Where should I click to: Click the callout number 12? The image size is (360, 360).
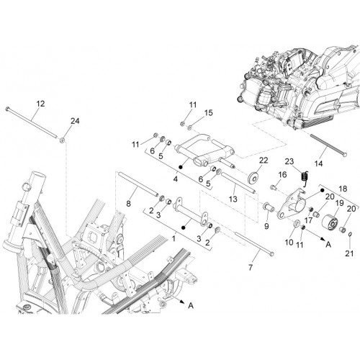(x=40, y=104)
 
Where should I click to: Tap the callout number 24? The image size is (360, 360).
(x=75, y=121)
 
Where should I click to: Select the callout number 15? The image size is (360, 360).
(x=208, y=113)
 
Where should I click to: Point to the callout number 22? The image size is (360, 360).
(x=264, y=161)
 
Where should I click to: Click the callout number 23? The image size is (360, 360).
(x=289, y=161)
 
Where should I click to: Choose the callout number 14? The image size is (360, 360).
(x=318, y=163)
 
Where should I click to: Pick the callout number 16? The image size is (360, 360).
(x=282, y=174)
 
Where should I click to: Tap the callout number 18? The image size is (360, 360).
(x=343, y=189)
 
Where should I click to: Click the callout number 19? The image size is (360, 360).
(x=339, y=203)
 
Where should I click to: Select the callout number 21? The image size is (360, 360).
(x=349, y=253)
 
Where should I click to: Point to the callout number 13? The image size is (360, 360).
(x=233, y=199)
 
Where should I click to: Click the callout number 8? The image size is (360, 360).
(x=128, y=204)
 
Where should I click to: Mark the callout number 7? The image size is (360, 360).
(x=251, y=267)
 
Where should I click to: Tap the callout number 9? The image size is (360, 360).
(x=266, y=226)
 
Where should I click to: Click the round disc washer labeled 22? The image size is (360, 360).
(x=253, y=178)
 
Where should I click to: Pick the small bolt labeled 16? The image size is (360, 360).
(x=274, y=186)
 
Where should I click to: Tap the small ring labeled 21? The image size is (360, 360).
(x=350, y=234)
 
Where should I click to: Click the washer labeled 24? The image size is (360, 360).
(x=63, y=140)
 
